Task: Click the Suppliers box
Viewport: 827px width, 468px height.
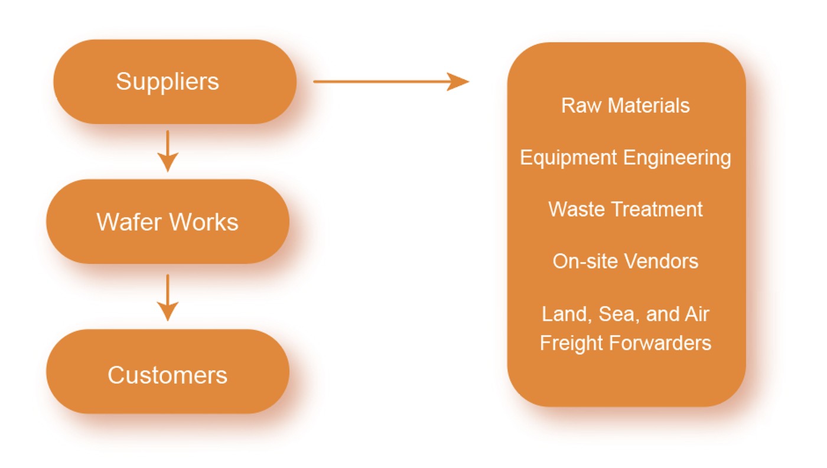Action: click(175, 82)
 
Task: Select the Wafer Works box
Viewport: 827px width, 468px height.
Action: click(168, 222)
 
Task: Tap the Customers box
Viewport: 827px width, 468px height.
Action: click(168, 375)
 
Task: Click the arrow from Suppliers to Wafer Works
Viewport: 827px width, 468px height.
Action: click(168, 151)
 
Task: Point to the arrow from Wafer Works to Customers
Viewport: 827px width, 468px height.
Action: click(168, 297)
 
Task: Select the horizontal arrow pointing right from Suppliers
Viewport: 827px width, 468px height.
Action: click(390, 82)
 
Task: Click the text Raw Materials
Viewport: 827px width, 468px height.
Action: click(625, 105)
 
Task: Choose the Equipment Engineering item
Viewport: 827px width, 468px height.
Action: click(625, 157)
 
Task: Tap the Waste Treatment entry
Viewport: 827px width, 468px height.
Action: click(625, 209)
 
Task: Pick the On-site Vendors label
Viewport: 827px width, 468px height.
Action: click(625, 261)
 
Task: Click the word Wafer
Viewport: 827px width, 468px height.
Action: click(130, 222)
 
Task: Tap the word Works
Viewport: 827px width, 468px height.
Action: click(204, 222)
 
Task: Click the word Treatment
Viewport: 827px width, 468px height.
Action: click(656, 209)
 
